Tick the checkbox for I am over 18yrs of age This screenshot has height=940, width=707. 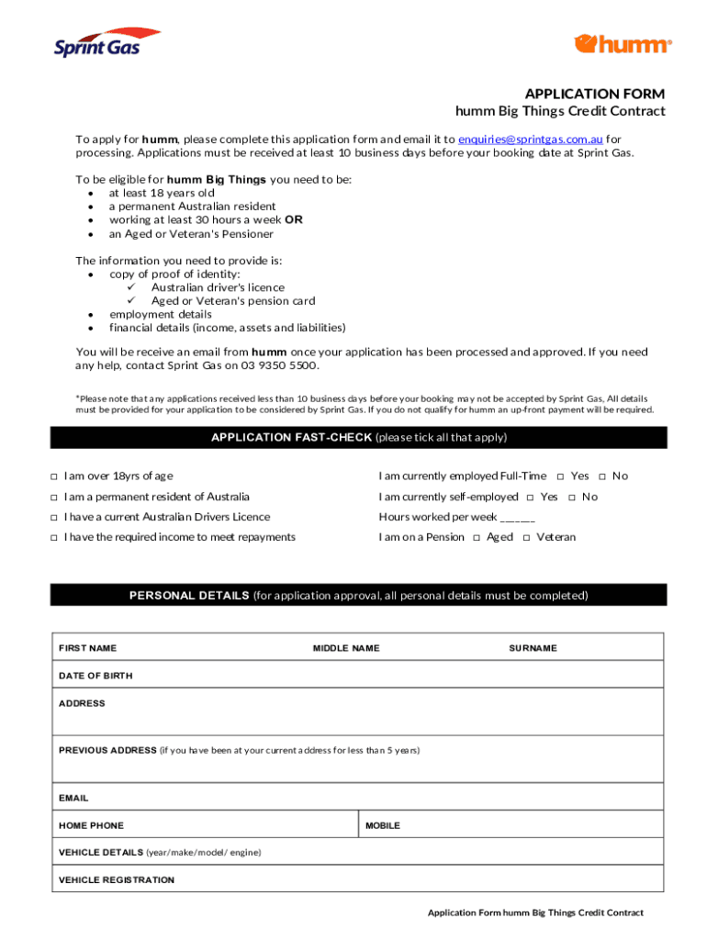coord(54,476)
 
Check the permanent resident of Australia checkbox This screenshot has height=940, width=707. coord(54,497)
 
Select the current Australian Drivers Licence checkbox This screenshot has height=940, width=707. coord(54,517)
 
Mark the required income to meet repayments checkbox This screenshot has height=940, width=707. coord(54,537)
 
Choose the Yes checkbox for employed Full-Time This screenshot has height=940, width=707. coord(560,476)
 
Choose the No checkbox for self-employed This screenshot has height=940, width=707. coord(571,497)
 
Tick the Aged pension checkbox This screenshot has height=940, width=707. coord(477,537)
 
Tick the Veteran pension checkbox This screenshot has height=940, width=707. coord(526,537)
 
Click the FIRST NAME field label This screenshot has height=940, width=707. coord(87,648)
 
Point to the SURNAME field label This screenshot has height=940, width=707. coord(533,648)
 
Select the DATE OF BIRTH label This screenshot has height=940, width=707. coord(95,676)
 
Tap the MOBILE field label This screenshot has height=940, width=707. coord(383,825)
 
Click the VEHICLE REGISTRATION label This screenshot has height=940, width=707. coord(117,879)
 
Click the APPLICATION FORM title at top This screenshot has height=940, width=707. coord(595,94)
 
